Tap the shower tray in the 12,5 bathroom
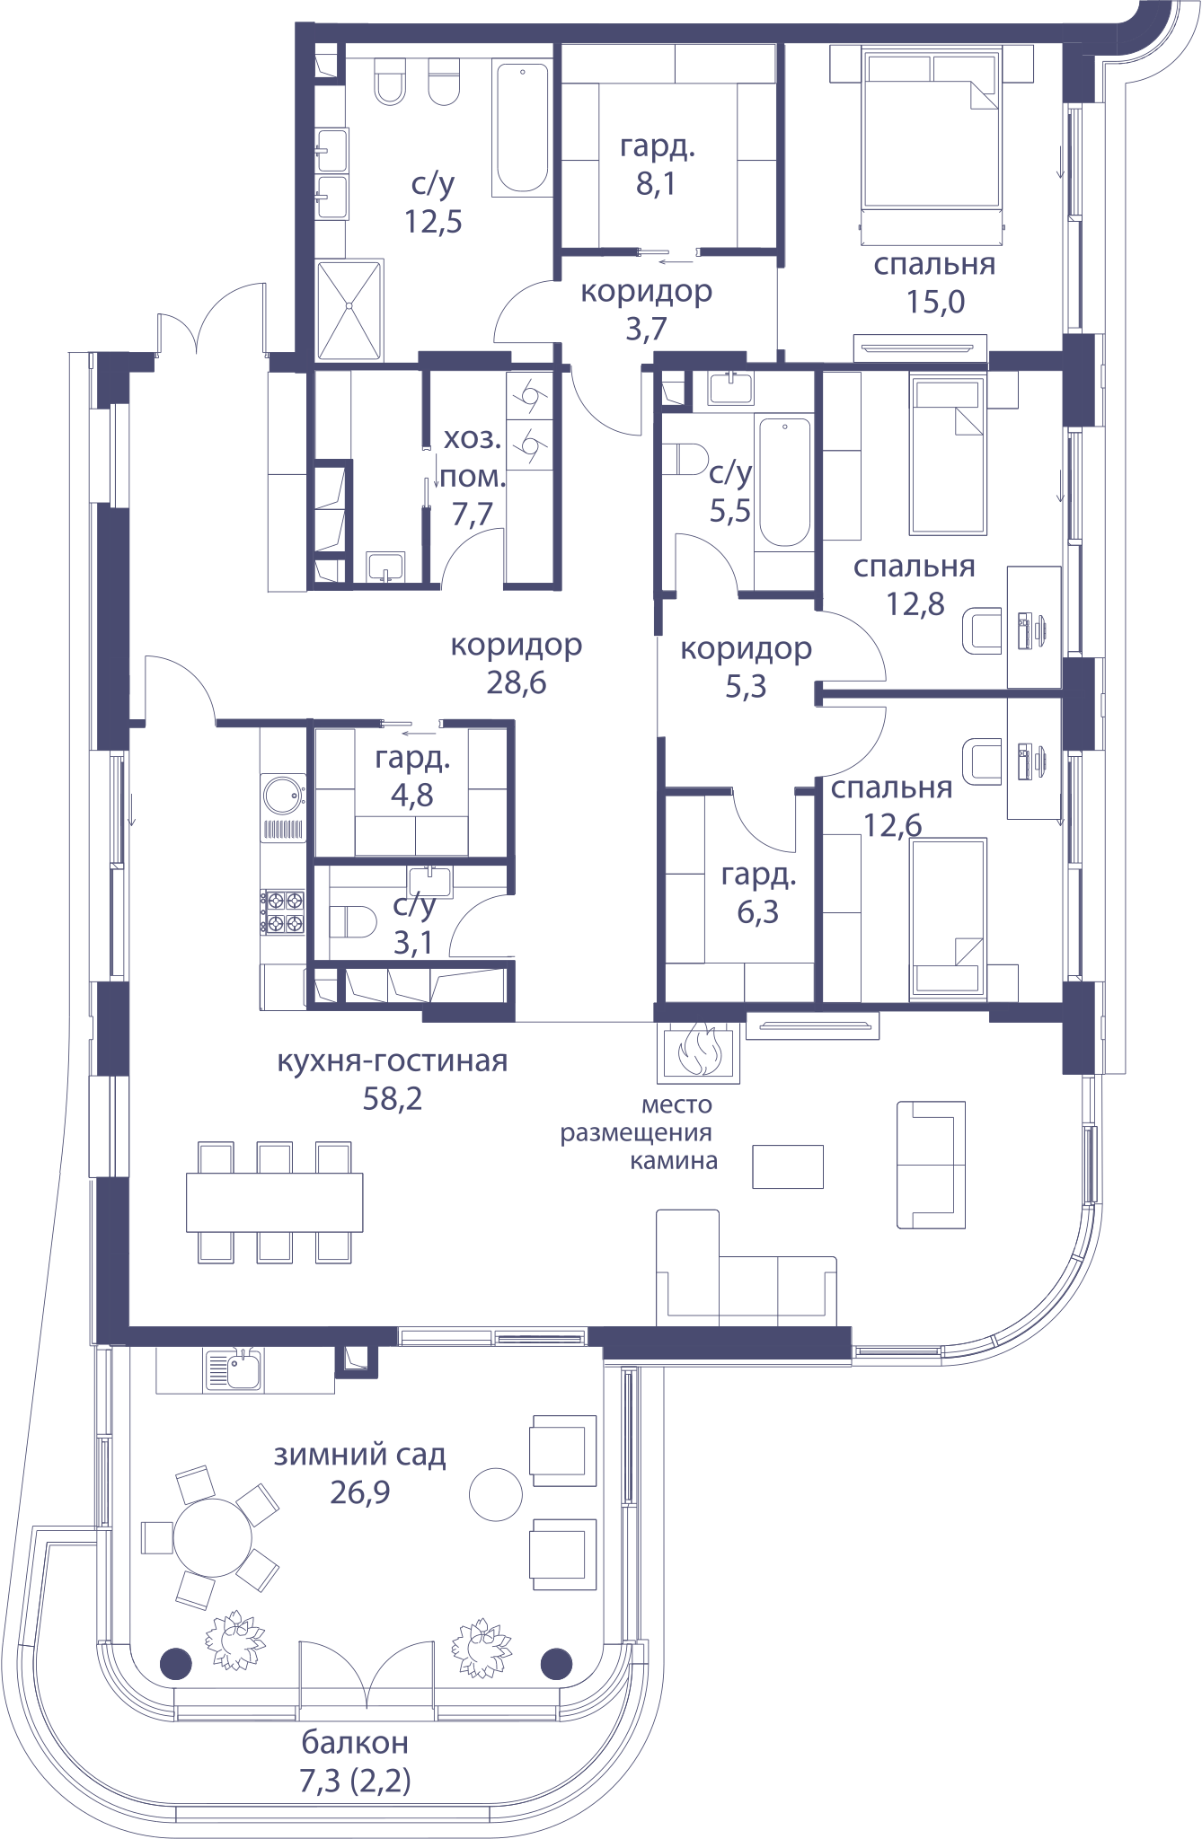(x=349, y=310)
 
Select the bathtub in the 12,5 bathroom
(x=522, y=127)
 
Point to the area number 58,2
(x=393, y=1098)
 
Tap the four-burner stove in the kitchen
(x=283, y=911)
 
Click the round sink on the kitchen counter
(x=284, y=795)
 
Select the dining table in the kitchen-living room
(x=274, y=1202)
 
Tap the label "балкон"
(x=355, y=1743)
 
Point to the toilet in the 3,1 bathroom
(x=352, y=922)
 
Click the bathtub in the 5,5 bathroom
(x=784, y=482)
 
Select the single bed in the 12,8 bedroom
(x=948, y=455)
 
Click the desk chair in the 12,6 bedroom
(x=982, y=761)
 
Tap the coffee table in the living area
(x=788, y=1166)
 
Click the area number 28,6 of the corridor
(x=517, y=683)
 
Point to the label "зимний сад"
(x=359, y=1455)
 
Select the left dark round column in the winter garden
(x=176, y=1664)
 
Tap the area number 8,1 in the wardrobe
(x=656, y=184)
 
